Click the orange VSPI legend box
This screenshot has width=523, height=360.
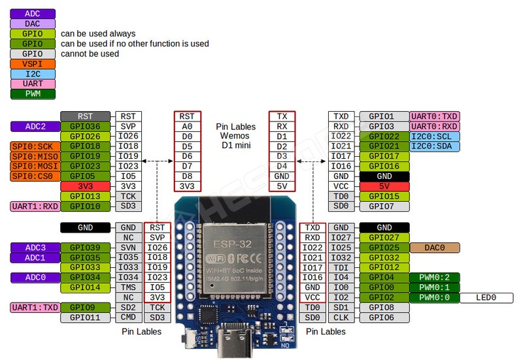pyautogui.click(x=33, y=64)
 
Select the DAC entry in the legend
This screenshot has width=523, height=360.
pyautogui.click(x=33, y=24)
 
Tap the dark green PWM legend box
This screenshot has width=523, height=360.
pyautogui.click(x=33, y=94)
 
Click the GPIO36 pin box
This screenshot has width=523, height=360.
pyautogui.click(x=86, y=126)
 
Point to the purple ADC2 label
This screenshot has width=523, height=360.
pyautogui.click(x=35, y=126)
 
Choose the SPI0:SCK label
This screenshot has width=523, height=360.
pyautogui.click(x=35, y=146)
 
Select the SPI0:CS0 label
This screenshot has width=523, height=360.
pyautogui.click(x=35, y=176)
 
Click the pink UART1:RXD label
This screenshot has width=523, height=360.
pyautogui.click(x=35, y=206)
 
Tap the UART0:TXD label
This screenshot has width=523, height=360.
pyautogui.click(x=434, y=116)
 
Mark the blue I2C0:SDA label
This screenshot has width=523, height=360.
pyautogui.click(x=434, y=146)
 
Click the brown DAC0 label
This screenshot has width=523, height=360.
pyautogui.click(x=434, y=248)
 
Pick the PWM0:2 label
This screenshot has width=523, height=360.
pyautogui.click(x=434, y=277)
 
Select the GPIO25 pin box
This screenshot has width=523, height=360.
pyautogui.click(x=384, y=248)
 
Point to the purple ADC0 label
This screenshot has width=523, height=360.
pyautogui.click(x=35, y=278)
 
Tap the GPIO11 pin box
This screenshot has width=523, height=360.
pyautogui.click(x=86, y=318)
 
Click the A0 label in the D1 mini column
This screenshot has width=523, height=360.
pyautogui.click(x=188, y=126)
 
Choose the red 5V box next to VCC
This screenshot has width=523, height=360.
pyautogui.click(x=384, y=186)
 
